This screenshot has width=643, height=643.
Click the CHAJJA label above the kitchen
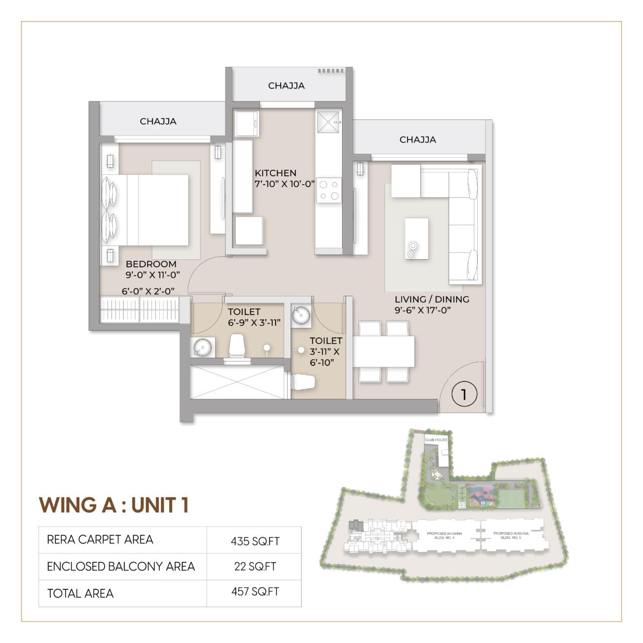286,86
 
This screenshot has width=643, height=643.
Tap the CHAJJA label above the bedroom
158,122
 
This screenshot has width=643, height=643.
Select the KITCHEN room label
275,173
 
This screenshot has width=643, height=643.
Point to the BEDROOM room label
151,264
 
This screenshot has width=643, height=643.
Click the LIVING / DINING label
432,299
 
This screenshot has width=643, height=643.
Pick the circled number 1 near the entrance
464,394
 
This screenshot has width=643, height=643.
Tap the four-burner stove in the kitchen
329,190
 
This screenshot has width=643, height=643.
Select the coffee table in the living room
416,239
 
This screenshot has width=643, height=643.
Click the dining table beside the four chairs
384,352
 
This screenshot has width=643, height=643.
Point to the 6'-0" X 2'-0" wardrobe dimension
148,291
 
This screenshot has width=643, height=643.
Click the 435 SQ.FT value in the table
255,542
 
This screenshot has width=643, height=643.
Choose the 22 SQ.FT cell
255,567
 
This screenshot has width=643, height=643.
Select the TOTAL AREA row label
80,594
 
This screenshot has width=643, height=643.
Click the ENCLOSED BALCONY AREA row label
121,567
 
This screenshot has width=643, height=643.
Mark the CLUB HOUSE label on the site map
436,440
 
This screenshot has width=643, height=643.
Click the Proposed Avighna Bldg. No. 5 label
511,535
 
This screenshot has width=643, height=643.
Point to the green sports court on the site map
512,499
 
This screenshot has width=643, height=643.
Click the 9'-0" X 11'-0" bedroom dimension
153,275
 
